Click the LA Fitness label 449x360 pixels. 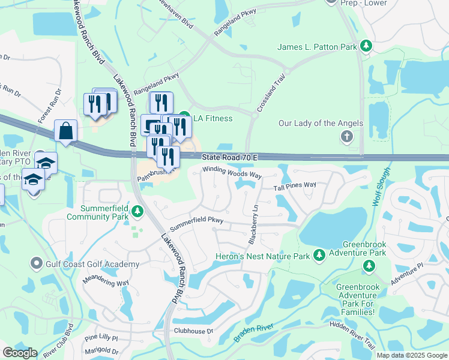pyautogui.click(x=212, y=118)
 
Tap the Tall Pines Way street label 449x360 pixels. pyautogui.click(x=295, y=187)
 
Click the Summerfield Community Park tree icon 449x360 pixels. pyautogui.click(x=137, y=211)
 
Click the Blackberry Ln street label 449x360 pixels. pyautogui.click(x=253, y=224)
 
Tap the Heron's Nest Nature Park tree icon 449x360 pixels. pyautogui.click(x=319, y=256)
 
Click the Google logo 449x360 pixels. pyautogui.click(x=20, y=353)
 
